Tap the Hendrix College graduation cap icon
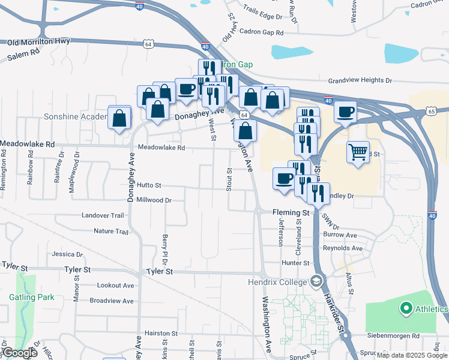point(316,281)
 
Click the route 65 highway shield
point(432,111)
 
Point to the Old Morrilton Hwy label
point(38,42)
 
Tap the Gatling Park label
point(31,297)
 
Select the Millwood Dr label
point(154,200)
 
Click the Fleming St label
point(290,212)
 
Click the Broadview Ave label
point(111,301)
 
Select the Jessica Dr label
point(67,254)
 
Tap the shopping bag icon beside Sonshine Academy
point(119,118)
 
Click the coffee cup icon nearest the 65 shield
point(345,112)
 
